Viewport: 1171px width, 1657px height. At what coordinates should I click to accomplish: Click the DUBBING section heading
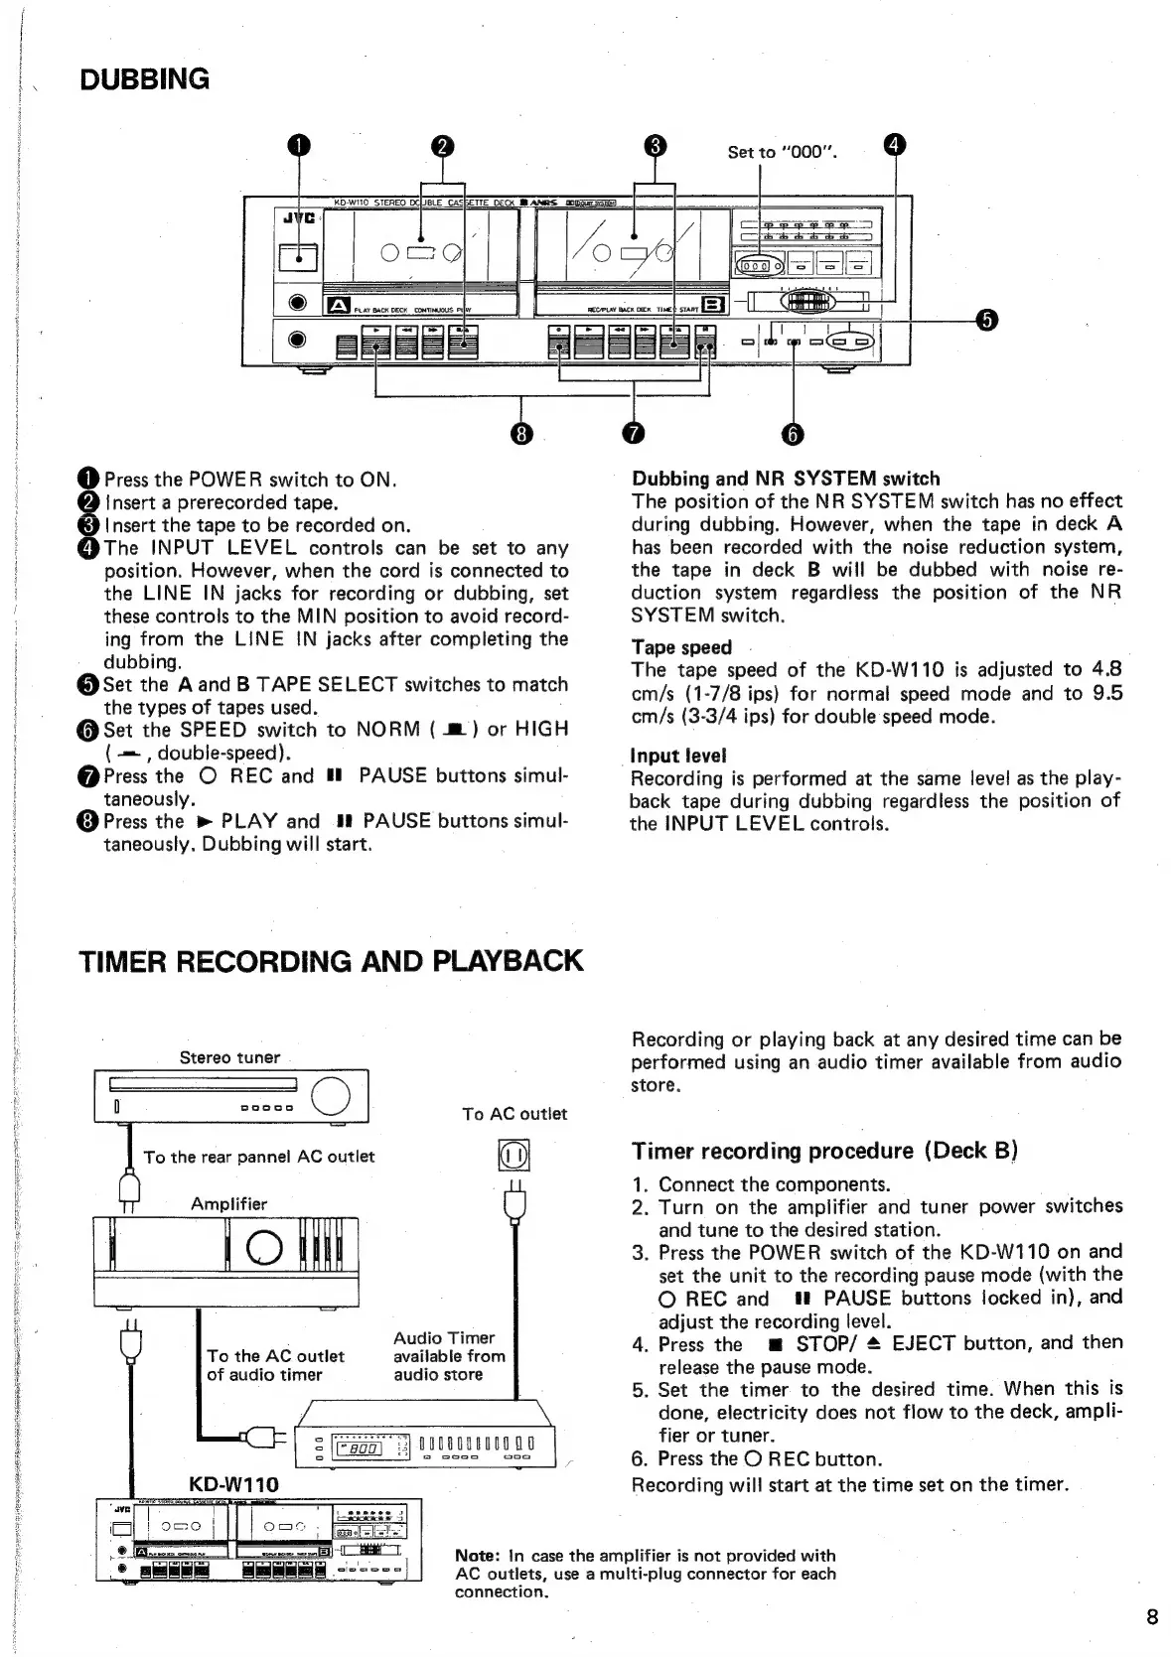[145, 79]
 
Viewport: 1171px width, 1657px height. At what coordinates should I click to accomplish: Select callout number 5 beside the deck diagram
[985, 319]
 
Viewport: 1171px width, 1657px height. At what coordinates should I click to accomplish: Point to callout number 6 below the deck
[793, 434]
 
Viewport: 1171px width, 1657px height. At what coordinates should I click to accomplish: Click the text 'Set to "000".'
[783, 152]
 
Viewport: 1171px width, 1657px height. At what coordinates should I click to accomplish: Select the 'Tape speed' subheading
[681, 647]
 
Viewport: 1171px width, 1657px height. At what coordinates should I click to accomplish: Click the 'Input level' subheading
[679, 756]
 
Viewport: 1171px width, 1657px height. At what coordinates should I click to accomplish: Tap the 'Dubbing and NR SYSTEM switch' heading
[786, 479]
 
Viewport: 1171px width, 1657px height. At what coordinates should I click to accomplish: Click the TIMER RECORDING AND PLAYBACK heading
[331, 961]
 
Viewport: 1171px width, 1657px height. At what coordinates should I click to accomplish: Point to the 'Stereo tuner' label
[229, 1057]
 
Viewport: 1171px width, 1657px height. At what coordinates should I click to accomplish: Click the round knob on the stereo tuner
[331, 1096]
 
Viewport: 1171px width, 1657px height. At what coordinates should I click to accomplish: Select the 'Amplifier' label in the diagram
[228, 1204]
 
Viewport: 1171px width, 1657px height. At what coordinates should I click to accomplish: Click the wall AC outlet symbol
[513, 1157]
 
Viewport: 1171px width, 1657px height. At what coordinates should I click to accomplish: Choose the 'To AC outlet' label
[514, 1114]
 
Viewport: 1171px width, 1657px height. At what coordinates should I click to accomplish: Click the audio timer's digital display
[361, 1449]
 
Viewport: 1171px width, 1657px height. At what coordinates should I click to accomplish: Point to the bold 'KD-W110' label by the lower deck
[233, 1484]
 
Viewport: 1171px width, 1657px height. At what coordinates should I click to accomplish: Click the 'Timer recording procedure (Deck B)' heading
[824, 1151]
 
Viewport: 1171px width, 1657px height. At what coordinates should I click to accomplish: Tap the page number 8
[1152, 1617]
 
